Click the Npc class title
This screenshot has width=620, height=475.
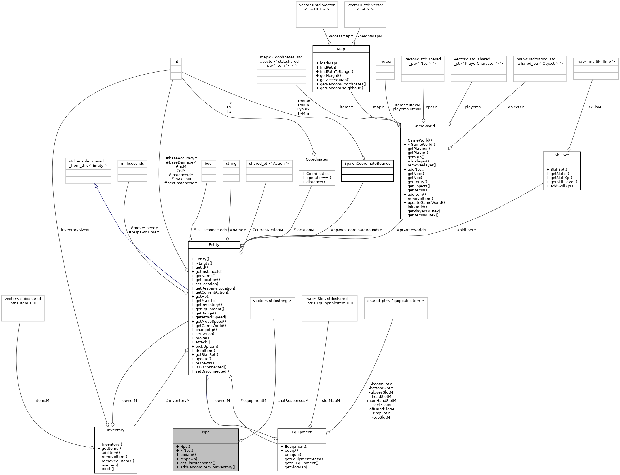pos(206,432)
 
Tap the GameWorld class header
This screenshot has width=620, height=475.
pos(424,126)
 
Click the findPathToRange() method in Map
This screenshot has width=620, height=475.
pos(337,71)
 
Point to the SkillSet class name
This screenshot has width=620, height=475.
pos(562,155)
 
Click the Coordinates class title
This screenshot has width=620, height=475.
pos(317,159)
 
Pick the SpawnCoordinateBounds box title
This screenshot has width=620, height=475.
pos(367,164)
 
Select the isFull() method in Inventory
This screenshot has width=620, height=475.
pos(106,469)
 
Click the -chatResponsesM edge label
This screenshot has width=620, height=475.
pos(292,401)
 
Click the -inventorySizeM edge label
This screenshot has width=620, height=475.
pos(74,230)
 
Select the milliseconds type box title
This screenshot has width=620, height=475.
pos(132,164)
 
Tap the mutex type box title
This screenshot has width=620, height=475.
pos(385,61)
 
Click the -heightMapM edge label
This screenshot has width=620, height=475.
pos(370,36)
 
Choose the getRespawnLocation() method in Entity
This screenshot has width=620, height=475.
pos(216,288)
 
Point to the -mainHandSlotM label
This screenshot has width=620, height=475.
pos(381,401)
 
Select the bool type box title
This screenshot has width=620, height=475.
pos(208,164)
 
